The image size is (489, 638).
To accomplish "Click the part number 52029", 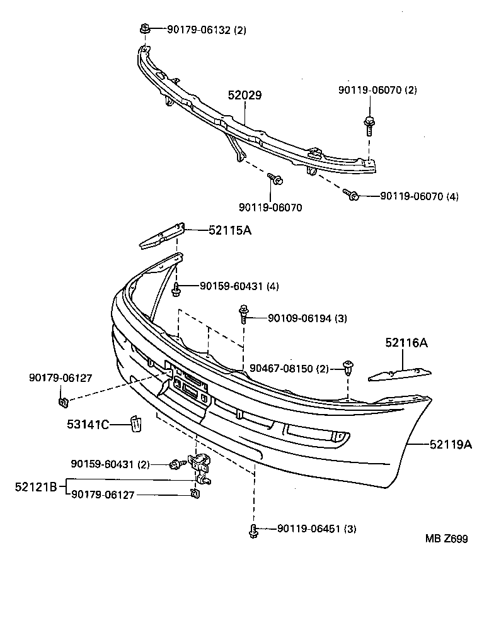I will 244,96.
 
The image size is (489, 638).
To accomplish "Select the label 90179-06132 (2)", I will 206,29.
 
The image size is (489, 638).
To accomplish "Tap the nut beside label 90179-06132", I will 144,28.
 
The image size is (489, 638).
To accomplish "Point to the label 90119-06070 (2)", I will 378,91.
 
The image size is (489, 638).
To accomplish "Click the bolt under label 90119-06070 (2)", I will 368,125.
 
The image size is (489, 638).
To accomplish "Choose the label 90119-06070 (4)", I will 419,197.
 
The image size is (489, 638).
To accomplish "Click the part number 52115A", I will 230,230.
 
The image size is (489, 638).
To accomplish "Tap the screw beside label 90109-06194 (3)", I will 243,313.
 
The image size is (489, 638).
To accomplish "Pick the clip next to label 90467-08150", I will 348,367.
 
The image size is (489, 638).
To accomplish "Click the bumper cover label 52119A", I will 451,444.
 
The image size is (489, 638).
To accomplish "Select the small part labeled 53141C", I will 135,423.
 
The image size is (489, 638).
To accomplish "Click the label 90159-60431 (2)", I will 110,464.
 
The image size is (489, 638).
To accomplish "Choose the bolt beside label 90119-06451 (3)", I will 253,530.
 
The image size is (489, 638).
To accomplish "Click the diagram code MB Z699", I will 446,539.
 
